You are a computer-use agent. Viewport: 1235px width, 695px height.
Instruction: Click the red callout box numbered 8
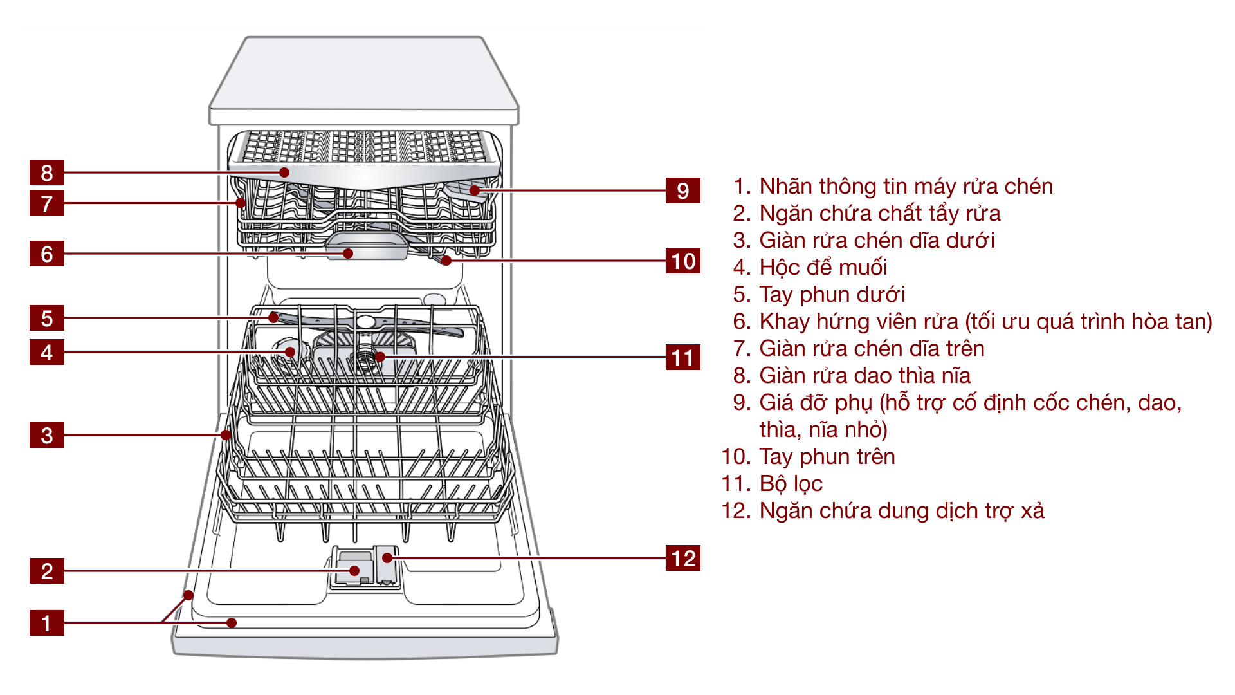click(46, 172)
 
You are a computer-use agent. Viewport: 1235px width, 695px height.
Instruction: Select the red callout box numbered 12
click(682, 558)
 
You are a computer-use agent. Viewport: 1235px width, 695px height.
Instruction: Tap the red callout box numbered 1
click(46, 623)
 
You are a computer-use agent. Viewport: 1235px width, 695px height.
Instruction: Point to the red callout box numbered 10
click(682, 261)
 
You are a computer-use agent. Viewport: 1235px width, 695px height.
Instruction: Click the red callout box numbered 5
click(46, 318)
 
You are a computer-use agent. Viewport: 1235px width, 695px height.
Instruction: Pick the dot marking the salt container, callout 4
click(290, 352)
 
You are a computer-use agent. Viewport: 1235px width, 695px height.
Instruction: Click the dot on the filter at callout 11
click(380, 357)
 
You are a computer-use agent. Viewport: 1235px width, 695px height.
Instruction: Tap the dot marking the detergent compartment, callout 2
click(354, 571)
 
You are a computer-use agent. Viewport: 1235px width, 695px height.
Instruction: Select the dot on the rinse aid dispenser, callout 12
click(387, 558)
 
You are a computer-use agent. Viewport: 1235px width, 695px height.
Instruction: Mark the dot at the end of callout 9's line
click(474, 190)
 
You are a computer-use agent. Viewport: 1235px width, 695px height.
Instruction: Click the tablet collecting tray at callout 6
click(348, 254)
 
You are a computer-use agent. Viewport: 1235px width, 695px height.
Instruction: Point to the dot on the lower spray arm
click(274, 317)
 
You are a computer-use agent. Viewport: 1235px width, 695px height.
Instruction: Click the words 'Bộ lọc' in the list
click(791, 483)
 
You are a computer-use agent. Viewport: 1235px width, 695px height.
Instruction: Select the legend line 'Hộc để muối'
click(823, 267)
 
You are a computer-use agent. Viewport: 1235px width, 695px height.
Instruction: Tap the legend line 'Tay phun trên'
click(827, 456)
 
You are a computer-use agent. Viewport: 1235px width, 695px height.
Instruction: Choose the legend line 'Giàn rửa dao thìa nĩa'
click(864, 375)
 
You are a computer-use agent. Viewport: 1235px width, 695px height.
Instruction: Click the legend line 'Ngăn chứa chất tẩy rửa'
click(879, 213)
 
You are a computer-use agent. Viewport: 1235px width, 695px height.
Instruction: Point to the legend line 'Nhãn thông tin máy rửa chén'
click(906, 186)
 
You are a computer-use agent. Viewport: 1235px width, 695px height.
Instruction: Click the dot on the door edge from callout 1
click(188, 595)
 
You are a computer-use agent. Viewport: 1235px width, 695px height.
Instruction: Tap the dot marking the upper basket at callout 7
click(241, 203)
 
